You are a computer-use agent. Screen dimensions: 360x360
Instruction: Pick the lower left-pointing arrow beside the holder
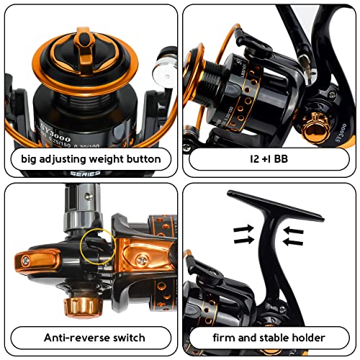click(294, 241)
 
